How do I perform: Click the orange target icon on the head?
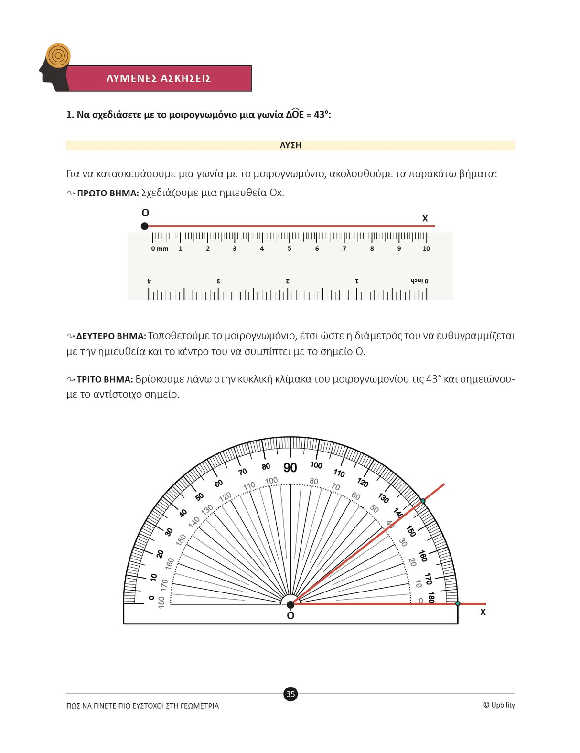pos(58,55)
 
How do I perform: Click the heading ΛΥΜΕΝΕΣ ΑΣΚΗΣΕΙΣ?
pos(159,78)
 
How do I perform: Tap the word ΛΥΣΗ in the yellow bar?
pos(290,145)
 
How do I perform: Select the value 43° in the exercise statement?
pos(322,115)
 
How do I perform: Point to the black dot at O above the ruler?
pos(145,226)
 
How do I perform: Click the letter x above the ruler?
pos(425,218)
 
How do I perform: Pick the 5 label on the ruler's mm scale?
pos(290,248)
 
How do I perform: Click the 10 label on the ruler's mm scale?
pos(426,248)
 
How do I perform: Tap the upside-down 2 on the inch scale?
pos(288,281)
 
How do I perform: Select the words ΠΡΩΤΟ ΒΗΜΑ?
pos(108,193)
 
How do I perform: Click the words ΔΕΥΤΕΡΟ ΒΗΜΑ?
pos(111,336)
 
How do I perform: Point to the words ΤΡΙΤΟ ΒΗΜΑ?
pos(105,380)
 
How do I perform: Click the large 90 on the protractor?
pos(290,468)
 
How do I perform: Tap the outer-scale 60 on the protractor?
pos(218,484)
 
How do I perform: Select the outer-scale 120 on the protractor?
pos(363,483)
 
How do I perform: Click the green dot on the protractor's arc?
pos(423,501)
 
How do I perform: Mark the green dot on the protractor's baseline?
pos(458,604)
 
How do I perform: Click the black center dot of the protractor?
pos(290,605)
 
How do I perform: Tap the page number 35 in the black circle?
pos(290,694)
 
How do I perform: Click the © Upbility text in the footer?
pos(499,705)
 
